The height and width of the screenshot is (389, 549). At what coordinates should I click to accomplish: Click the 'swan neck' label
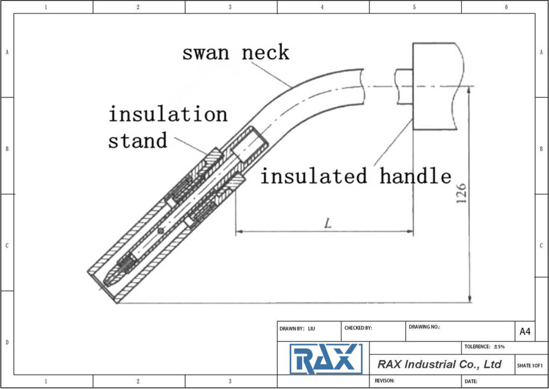[235, 53]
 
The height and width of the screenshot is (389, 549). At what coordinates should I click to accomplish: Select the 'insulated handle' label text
[355, 176]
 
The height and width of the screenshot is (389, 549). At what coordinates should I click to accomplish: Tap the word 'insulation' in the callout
[168, 114]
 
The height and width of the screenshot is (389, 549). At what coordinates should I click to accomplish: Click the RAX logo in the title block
[325, 359]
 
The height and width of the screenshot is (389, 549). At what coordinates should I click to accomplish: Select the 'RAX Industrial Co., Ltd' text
[439, 364]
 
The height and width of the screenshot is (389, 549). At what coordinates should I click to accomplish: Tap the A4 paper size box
[525, 332]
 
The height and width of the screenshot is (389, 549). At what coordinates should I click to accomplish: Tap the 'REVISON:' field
[415, 380]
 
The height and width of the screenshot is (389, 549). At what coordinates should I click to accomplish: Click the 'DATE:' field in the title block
[499, 380]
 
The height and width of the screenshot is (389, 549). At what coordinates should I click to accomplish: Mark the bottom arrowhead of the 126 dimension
[470, 299]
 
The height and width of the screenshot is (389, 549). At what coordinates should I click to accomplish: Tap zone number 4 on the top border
[322, 7]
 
